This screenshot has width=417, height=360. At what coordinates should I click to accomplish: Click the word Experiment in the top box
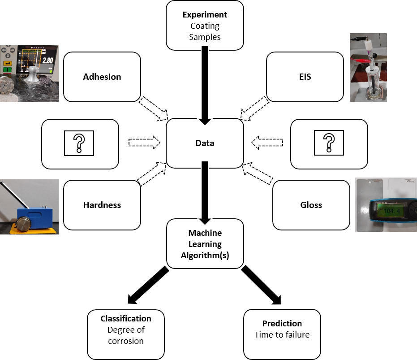[205, 15]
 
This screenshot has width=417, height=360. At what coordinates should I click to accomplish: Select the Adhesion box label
[102, 77]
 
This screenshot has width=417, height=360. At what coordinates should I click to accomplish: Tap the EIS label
[305, 77]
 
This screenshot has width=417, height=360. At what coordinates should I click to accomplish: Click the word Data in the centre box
[205, 143]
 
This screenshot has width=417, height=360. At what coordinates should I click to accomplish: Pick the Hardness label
[102, 205]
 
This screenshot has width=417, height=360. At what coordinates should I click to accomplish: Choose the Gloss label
[311, 205]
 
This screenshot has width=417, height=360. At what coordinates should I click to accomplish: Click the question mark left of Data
[79, 143]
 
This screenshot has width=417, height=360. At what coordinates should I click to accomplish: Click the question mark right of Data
[329, 143]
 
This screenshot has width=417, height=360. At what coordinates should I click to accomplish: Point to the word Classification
[125, 319]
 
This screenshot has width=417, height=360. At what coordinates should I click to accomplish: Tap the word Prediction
[282, 323]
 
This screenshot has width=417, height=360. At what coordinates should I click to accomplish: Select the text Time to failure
[282, 334]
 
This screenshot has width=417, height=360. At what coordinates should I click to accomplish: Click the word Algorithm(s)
[205, 256]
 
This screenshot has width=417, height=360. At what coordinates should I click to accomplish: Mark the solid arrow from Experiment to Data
[205, 85]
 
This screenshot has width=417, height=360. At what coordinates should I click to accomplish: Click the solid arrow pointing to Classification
[148, 286]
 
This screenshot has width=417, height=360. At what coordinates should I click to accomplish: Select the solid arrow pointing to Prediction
[262, 286]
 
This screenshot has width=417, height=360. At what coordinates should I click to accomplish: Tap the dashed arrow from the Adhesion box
[153, 108]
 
